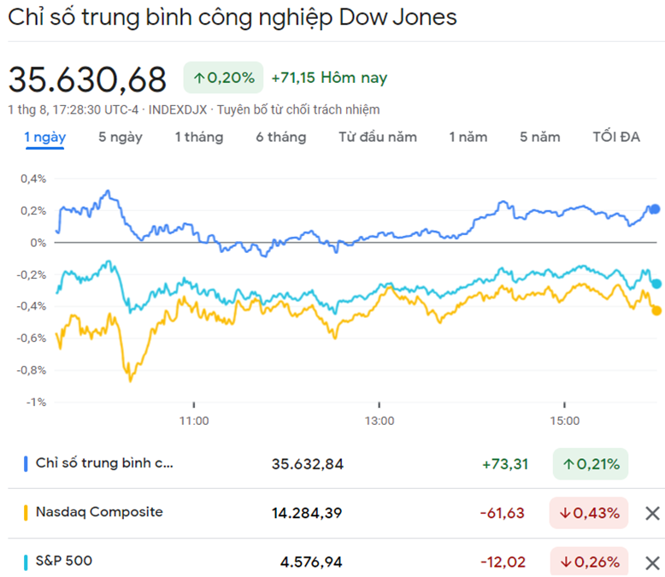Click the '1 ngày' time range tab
point(45,137)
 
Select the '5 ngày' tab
point(121,137)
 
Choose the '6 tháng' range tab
point(280,137)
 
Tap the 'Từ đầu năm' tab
point(377,137)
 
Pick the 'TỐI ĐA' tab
point(616,137)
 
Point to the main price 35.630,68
point(87,79)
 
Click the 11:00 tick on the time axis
point(194,421)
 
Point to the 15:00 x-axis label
point(564,421)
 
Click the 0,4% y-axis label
point(33,179)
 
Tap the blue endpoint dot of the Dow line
point(656,209)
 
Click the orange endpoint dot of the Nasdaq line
point(656,310)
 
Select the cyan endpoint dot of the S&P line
point(656,284)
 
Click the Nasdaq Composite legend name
point(99,512)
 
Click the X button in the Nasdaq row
point(652,513)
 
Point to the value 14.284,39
point(307,513)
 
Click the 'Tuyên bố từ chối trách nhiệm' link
point(298,109)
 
